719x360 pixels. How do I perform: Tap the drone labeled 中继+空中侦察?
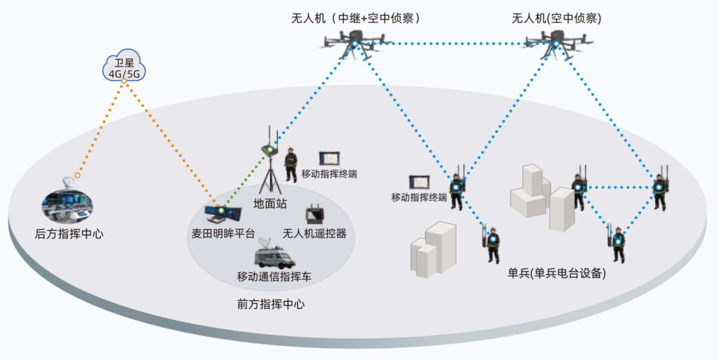355,43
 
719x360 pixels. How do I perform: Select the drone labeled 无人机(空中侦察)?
555,44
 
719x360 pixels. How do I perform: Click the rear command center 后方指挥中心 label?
69,234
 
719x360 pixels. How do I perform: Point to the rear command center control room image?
67,206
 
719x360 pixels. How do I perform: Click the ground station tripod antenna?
269,165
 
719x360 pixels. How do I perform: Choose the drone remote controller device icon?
314,215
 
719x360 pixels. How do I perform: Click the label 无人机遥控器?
315,234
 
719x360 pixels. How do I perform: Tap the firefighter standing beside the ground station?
290,166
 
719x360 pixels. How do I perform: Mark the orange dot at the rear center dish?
77,175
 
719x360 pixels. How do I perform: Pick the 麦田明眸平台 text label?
223,234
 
